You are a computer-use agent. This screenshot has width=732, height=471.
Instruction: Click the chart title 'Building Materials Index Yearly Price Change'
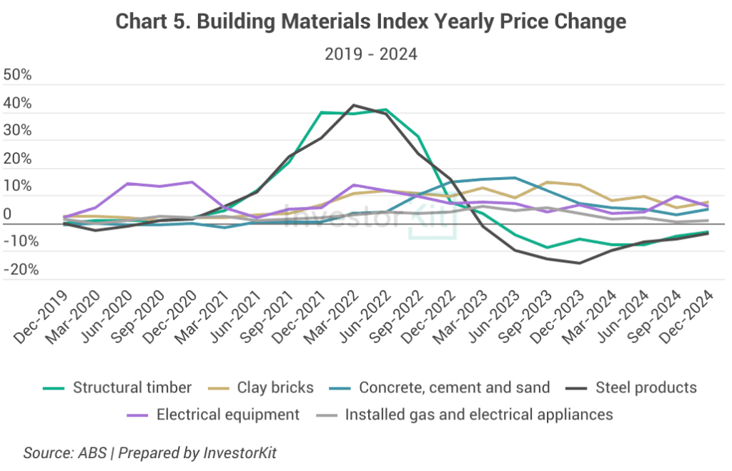(x=370, y=22)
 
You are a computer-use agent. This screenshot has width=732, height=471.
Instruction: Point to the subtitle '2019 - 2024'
(x=370, y=54)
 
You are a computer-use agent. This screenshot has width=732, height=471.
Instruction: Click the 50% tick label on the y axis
(x=18, y=76)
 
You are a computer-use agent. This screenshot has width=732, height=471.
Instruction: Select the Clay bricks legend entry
(x=278, y=388)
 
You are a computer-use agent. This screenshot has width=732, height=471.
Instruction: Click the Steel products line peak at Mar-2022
(x=353, y=105)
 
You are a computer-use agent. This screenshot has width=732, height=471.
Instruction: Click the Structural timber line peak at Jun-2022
(x=386, y=109)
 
